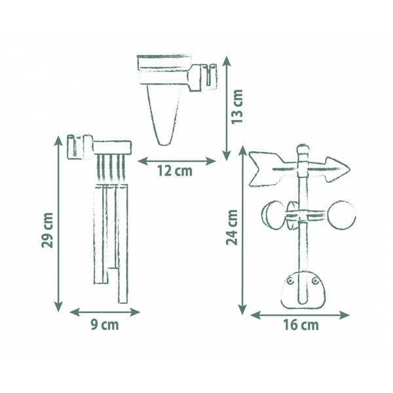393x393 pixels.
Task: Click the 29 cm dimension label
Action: click(47, 230)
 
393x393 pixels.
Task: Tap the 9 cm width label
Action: click(105, 325)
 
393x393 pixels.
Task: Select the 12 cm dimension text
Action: click(175, 171)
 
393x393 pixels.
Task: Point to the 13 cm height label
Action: click(237, 106)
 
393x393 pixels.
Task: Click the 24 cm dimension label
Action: click(232, 227)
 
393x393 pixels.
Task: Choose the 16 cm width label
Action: click(301, 325)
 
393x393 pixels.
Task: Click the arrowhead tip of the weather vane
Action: click(349, 168)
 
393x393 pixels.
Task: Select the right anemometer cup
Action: click(342, 215)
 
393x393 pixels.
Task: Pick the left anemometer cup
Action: click(273, 215)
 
